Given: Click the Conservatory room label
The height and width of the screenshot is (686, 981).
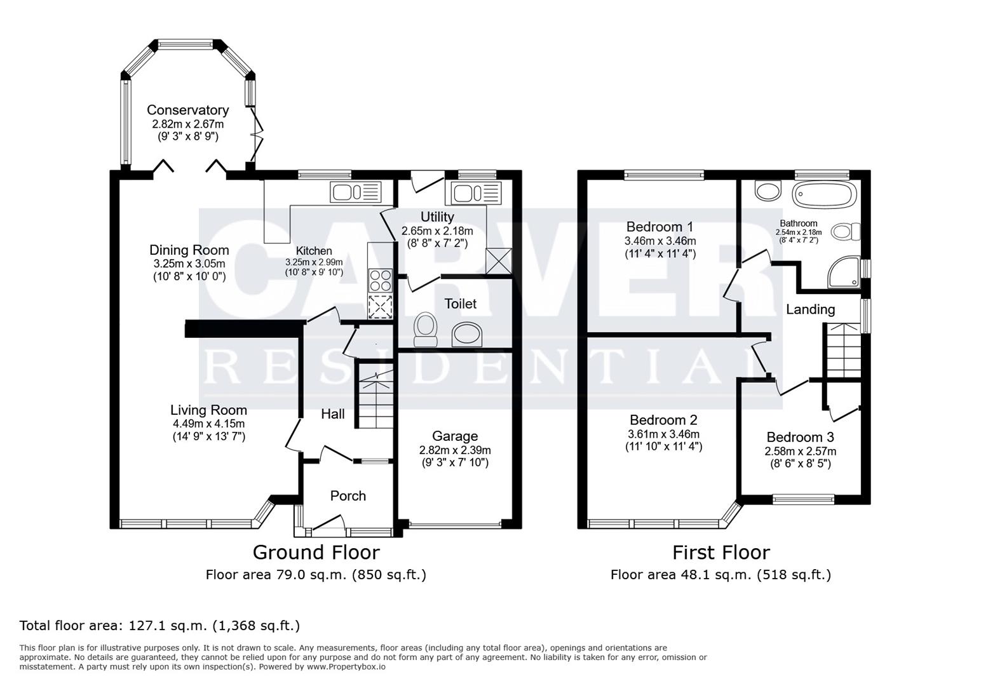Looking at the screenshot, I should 187,111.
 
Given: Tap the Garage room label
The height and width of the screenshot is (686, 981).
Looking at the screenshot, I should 454,436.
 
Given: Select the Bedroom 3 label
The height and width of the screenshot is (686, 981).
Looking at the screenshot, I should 800,437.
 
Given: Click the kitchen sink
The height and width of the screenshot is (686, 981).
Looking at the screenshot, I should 355,192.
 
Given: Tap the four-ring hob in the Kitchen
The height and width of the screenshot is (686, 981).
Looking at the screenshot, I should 380,280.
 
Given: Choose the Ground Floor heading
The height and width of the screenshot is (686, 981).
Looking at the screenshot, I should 316,553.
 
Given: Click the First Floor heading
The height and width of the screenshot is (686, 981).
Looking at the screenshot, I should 721,553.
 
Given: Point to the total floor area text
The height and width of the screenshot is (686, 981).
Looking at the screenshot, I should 159,626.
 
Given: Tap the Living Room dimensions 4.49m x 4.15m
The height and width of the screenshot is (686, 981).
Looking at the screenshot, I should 208,424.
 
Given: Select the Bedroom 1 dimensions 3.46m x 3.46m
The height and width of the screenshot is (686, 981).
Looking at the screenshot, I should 660,241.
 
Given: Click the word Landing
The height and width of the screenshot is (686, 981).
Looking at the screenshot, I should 810,309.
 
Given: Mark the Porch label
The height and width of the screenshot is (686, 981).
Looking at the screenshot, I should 348,496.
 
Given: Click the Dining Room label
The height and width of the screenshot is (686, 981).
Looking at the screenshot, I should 189,250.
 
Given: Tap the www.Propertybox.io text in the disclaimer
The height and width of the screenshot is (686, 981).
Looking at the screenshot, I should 346,667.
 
